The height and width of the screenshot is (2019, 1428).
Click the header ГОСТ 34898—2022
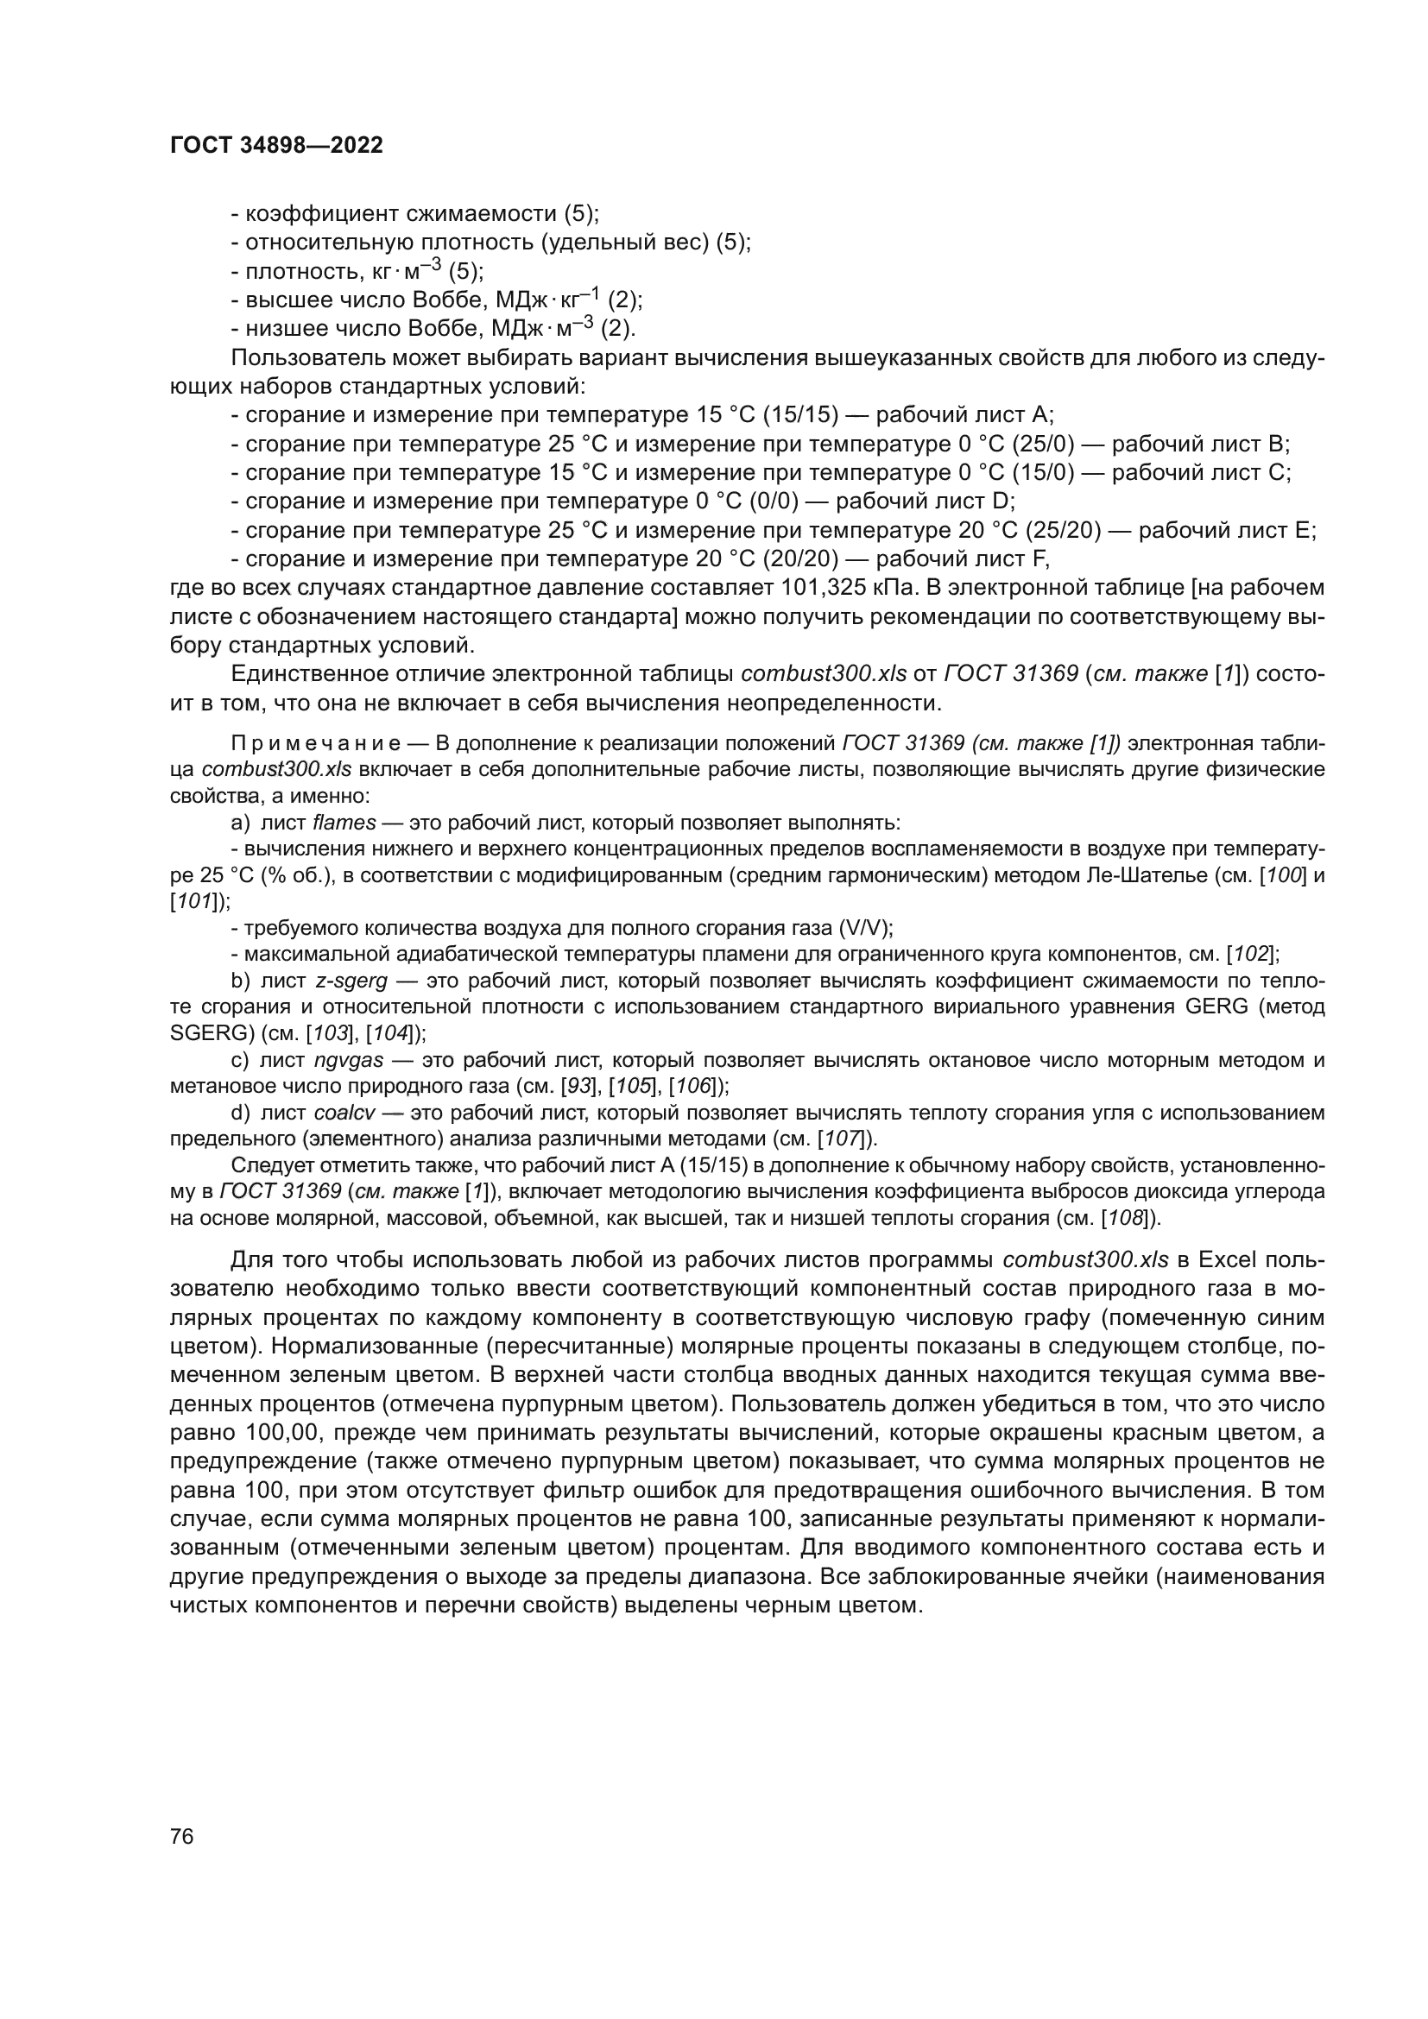[x=276, y=146]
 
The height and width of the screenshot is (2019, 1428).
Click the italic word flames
[x=344, y=823]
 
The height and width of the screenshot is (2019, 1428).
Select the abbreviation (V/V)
[x=865, y=928]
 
